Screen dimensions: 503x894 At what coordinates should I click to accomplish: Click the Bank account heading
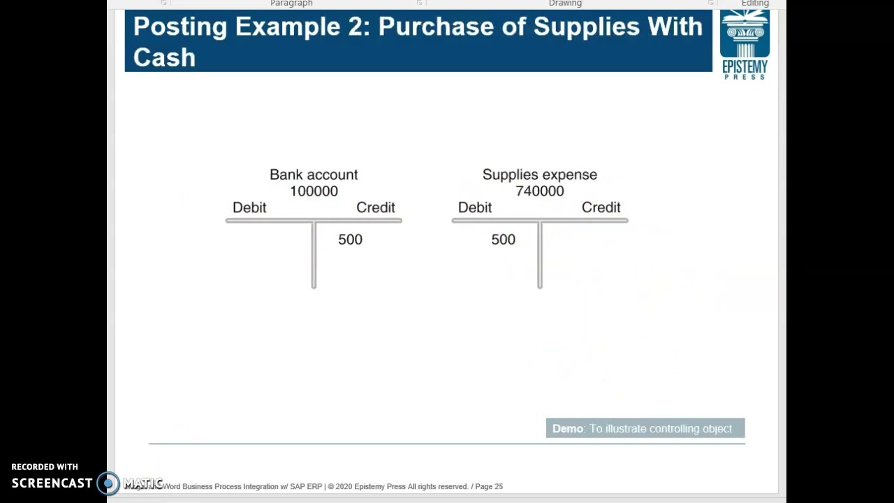tap(314, 175)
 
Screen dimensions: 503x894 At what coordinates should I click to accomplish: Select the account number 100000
tap(314, 191)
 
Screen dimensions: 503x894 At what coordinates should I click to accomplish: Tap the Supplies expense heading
tap(539, 175)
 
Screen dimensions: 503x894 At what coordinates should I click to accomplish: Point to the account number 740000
tap(539, 191)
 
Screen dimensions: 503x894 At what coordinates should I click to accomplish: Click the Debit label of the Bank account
tap(249, 207)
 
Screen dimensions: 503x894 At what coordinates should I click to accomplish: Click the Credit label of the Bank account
tap(376, 207)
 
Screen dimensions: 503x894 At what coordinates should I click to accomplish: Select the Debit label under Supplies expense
tap(475, 207)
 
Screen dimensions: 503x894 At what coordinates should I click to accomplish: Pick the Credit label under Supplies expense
tap(601, 207)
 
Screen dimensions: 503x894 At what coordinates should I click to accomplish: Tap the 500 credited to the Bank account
tap(350, 240)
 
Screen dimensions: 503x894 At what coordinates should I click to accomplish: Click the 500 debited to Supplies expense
tap(503, 240)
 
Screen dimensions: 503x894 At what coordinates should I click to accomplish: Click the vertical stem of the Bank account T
tap(314, 258)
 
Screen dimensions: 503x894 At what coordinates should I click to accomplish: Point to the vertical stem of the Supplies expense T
tap(539, 258)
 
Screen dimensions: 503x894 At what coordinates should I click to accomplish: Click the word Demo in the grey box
tap(567, 429)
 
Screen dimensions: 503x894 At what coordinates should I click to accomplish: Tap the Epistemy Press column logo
tap(745, 35)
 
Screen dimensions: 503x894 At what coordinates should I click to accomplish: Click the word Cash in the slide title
tap(164, 57)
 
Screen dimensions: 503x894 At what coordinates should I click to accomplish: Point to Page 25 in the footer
tap(488, 486)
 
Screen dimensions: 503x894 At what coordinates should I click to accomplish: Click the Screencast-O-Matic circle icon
tap(108, 483)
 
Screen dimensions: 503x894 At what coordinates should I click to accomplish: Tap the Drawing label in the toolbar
tap(565, 3)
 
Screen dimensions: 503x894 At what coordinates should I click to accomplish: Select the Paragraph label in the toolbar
tap(291, 3)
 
